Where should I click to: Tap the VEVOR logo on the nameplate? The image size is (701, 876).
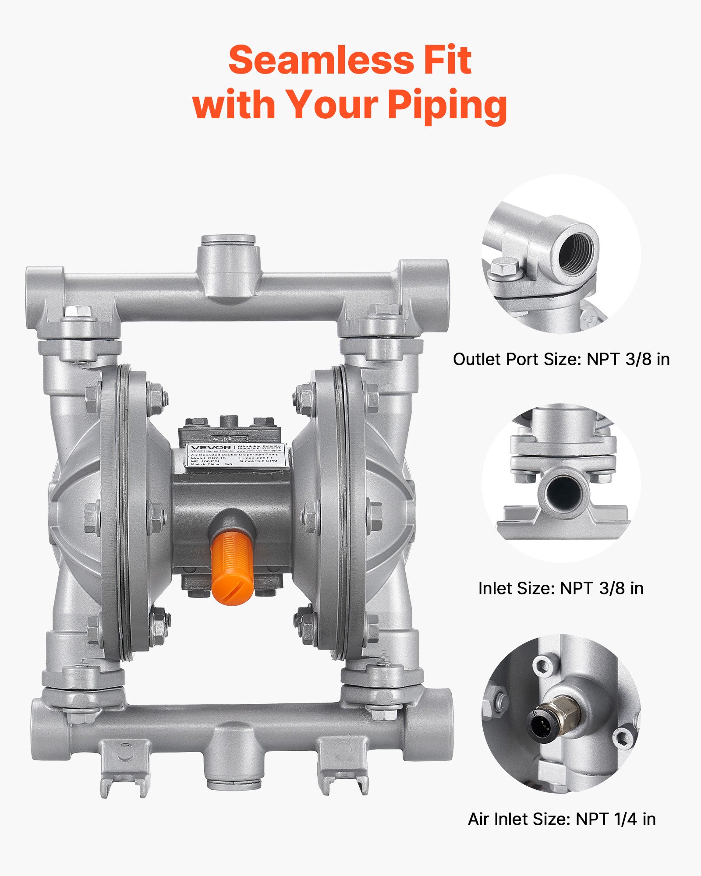point(211,448)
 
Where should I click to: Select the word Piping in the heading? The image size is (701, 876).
point(447,105)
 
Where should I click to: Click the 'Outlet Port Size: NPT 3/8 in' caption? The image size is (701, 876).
point(561,359)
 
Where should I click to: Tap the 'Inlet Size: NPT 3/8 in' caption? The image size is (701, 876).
point(561,588)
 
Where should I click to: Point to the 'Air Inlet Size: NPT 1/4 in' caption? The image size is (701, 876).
point(562,819)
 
